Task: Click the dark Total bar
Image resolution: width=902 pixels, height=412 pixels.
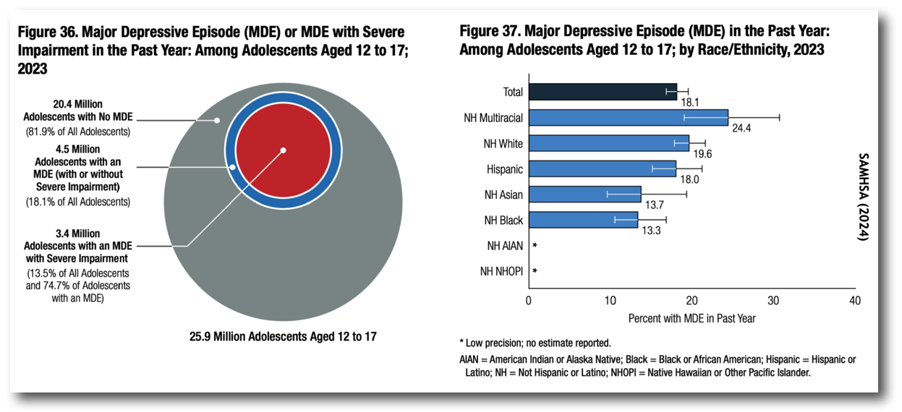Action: [x=603, y=92]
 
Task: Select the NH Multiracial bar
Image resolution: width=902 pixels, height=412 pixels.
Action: [x=628, y=117]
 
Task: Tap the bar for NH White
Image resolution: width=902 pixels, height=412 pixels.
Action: [x=608, y=143]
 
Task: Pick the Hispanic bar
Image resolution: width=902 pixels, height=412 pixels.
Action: [x=602, y=168]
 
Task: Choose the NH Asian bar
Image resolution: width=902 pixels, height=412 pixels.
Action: [x=584, y=194]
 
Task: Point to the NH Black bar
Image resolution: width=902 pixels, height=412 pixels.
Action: [x=583, y=220]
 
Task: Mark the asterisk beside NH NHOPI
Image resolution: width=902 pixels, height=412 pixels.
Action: [x=535, y=272]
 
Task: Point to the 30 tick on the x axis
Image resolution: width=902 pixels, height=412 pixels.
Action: [x=773, y=301]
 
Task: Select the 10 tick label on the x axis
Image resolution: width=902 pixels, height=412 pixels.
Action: [x=610, y=301]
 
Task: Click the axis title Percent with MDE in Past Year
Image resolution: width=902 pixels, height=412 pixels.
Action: [x=692, y=318]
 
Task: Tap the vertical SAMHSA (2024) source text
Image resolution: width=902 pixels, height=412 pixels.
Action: [x=862, y=195]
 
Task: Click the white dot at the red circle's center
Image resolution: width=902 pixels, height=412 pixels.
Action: [x=284, y=150]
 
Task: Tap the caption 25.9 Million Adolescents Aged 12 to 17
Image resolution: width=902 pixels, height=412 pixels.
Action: [x=283, y=336]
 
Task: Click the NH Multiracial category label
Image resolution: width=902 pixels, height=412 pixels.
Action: [x=493, y=118]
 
